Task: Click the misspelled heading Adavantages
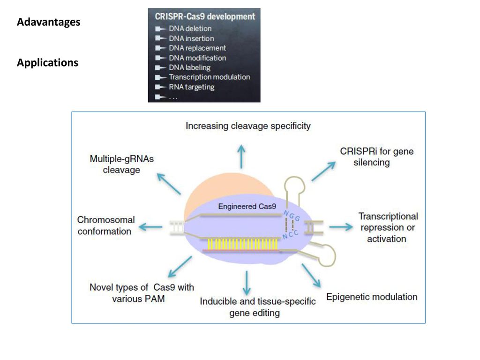pyautogui.click(x=49, y=22)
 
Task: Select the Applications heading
pyautogui.click(x=47, y=63)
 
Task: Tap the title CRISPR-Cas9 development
pyautogui.click(x=205, y=16)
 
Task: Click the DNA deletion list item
pyautogui.click(x=190, y=29)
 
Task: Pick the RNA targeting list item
pyautogui.click(x=192, y=87)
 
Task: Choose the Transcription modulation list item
pyautogui.click(x=210, y=77)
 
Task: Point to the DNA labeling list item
pyautogui.click(x=190, y=67)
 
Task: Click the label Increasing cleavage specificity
pyautogui.click(x=248, y=126)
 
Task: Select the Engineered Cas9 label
pyautogui.click(x=247, y=207)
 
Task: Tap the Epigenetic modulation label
pyautogui.click(x=372, y=297)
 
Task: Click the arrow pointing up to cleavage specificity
pyautogui.click(x=241, y=157)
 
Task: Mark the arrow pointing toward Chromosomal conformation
pyautogui.click(x=150, y=227)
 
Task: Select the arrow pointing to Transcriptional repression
pyautogui.click(x=341, y=227)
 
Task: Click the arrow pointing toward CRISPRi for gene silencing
pyautogui.click(x=323, y=171)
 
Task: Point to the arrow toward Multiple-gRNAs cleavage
pyautogui.click(x=169, y=184)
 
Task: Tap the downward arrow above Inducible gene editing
pyautogui.click(x=247, y=283)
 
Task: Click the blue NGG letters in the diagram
pyautogui.click(x=292, y=216)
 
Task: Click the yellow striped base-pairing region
pyautogui.click(x=242, y=244)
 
